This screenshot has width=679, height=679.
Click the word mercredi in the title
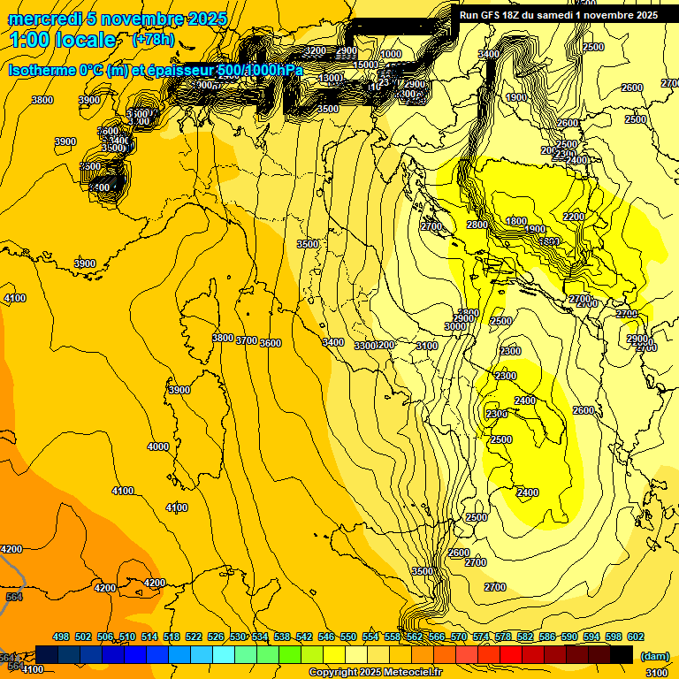[x=41, y=19]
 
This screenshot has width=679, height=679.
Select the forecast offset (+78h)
[x=153, y=41]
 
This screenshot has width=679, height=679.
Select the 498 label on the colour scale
[x=61, y=637]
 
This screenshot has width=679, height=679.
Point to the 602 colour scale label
[x=635, y=637]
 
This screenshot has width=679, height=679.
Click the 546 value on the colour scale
[x=326, y=637]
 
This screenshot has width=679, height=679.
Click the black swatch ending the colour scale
[x=622, y=654]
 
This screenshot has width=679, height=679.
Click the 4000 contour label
[x=158, y=446]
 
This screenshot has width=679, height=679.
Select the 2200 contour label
[x=574, y=217]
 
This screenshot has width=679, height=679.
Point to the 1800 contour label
[x=516, y=221]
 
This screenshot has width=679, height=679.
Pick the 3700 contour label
[x=247, y=340]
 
